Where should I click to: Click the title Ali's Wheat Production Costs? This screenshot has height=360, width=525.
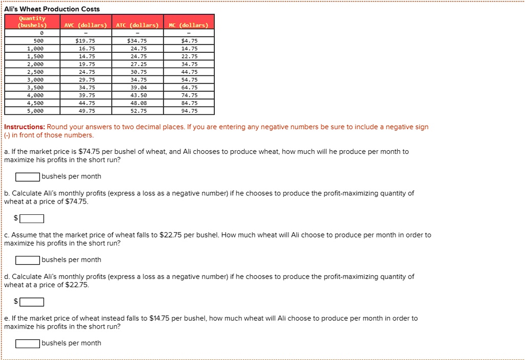point(52,9)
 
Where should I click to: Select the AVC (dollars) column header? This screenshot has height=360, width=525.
point(85,25)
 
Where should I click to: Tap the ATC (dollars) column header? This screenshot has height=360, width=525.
point(137,25)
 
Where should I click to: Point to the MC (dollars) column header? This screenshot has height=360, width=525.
point(189,25)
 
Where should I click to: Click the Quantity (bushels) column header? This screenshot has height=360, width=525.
point(32,22)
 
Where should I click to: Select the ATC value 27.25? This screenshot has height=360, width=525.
point(138,64)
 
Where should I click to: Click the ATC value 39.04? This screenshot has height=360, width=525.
point(138,87)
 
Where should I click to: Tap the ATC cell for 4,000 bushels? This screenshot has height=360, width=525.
point(138,95)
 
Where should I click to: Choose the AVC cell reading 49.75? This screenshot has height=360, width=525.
point(85,111)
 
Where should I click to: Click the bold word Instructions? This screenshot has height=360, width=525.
point(24,127)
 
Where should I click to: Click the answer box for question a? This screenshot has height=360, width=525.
point(28,177)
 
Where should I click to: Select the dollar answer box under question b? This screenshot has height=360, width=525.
point(32,218)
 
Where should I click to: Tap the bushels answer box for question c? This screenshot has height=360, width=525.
point(28,260)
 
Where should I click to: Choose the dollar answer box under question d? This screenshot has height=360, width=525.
point(32,302)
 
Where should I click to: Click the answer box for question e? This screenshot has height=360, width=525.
point(28,344)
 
